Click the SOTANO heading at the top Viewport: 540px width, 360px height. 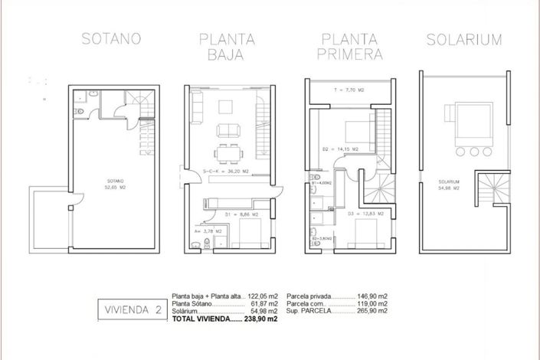111,38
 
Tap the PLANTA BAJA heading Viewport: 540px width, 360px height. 227,45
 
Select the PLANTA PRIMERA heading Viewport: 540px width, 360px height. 349,45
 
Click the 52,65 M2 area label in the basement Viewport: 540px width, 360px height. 116,185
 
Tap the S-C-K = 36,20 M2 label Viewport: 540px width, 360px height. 226,172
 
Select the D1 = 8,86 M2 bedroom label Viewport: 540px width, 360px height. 241,214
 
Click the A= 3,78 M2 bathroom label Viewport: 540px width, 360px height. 208,230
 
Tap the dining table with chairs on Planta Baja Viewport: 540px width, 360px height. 227,152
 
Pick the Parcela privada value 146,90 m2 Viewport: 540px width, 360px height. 372,295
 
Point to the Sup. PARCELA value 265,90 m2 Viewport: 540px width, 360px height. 372,311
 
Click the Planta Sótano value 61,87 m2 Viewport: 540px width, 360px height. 260,303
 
